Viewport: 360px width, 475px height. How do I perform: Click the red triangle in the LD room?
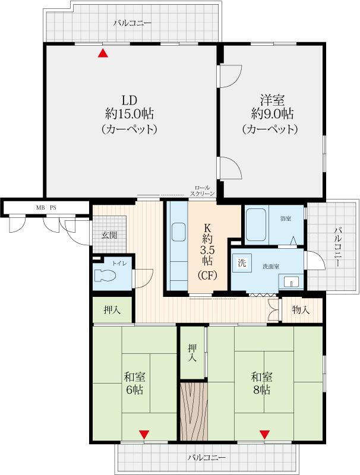coord(103,53)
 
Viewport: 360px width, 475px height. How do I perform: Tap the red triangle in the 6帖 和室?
coord(144,435)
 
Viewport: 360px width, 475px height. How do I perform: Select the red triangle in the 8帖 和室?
coord(264,435)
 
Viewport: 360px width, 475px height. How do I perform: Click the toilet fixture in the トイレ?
coord(105,275)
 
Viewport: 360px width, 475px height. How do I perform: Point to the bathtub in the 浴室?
coord(255,224)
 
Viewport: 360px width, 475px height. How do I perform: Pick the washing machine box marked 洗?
coord(242,263)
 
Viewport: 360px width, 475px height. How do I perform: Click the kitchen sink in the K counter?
coord(179,232)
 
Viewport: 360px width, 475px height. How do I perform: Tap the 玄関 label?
coord(109,235)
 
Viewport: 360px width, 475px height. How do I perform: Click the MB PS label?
coord(46,208)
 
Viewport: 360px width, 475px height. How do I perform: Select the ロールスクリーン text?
coord(203,191)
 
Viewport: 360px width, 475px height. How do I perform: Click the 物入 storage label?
coord(301,309)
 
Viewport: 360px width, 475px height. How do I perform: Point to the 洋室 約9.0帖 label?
coord(272,107)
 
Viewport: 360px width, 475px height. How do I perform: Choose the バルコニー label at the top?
coord(132,23)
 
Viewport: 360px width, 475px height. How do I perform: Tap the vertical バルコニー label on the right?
coord(338,248)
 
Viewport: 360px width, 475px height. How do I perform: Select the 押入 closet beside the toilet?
coord(112,309)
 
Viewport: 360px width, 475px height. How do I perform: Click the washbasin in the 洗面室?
coord(291,281)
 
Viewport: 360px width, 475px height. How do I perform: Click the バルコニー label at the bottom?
coord(206,457)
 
